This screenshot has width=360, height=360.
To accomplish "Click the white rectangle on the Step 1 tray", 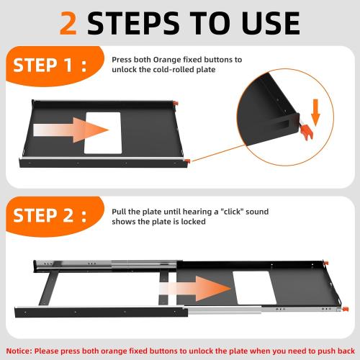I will tap(107, 132).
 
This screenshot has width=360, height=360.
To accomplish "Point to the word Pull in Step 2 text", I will tap(120, 212).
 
